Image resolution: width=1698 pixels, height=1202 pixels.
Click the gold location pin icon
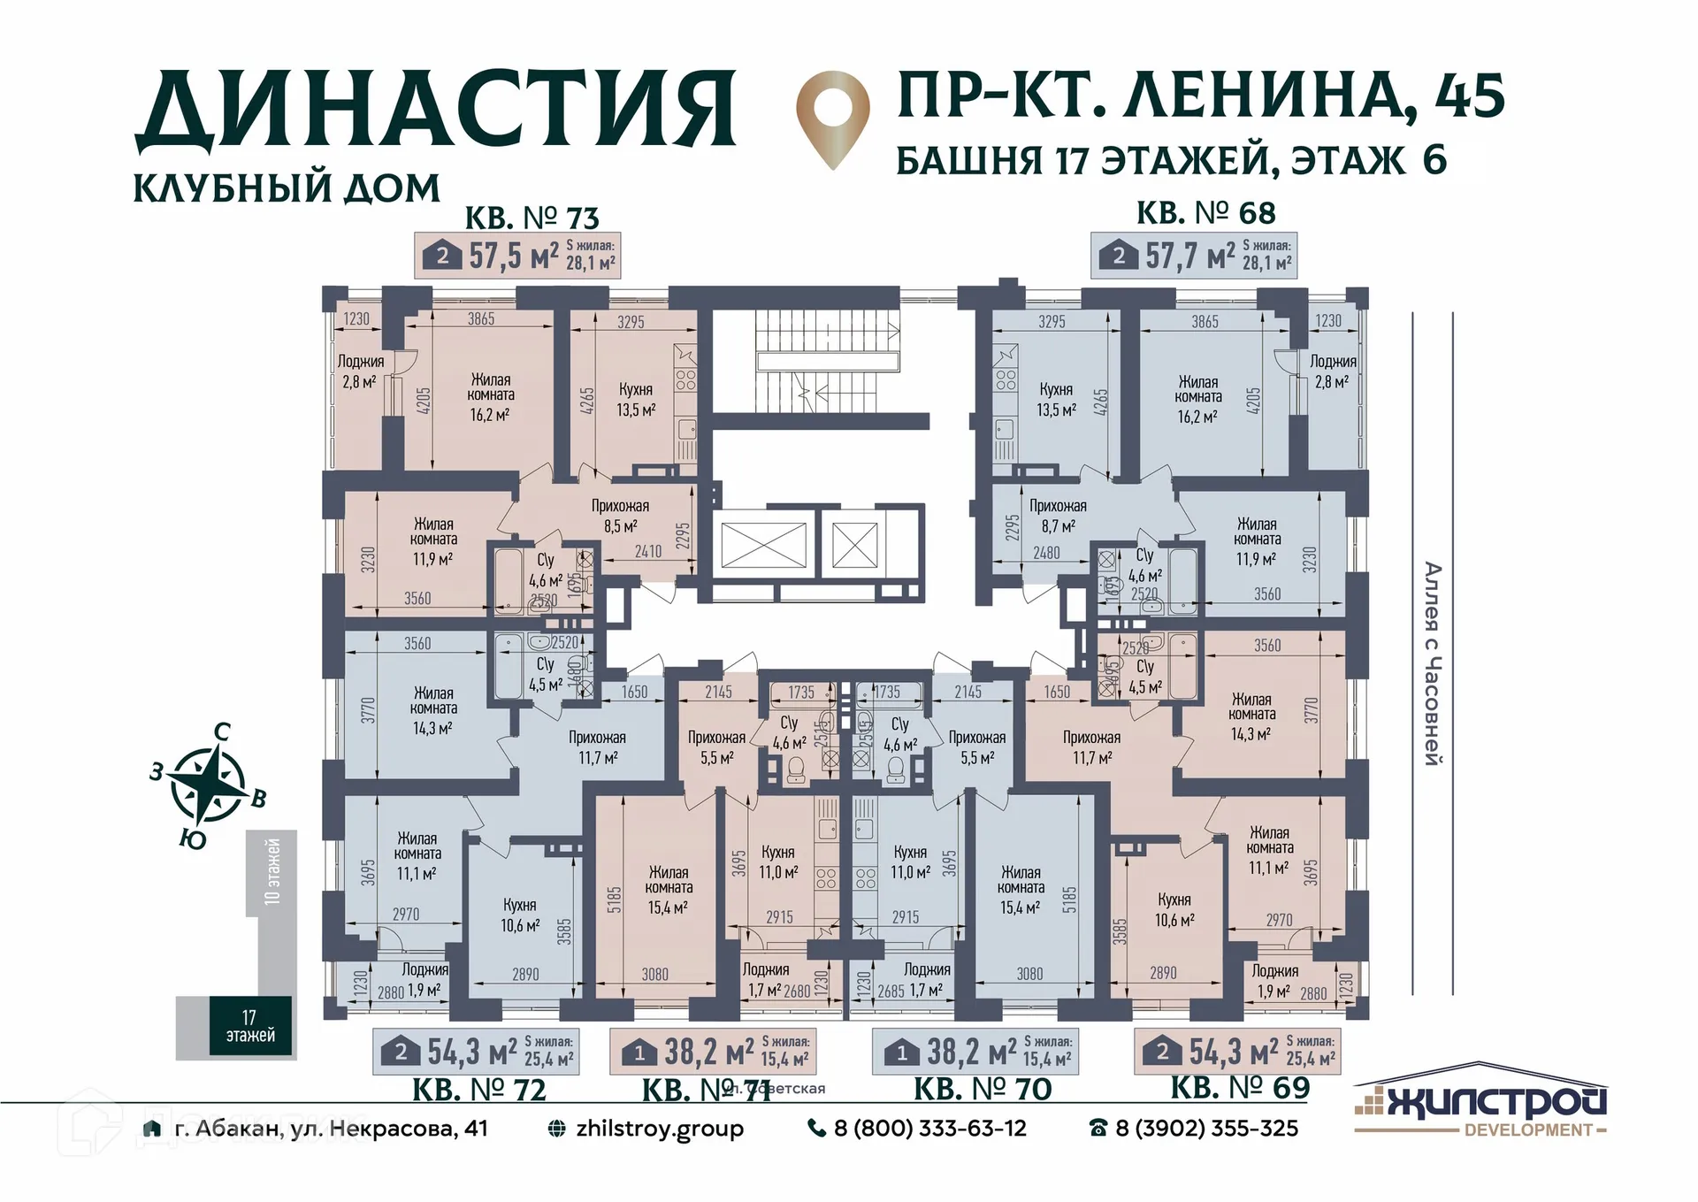(x=832, y=117)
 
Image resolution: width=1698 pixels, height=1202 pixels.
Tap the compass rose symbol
(x=208, y=784)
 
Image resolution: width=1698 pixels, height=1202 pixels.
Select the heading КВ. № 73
(x=532, y=217)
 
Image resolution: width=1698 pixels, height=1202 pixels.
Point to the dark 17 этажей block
(x=250, y=1026)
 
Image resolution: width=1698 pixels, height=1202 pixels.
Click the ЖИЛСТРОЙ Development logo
(x=1480, y=1102)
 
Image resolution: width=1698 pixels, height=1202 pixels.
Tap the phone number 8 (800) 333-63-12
(x=929, y=1128)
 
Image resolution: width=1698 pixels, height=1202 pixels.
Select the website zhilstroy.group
(x=658, y=1128)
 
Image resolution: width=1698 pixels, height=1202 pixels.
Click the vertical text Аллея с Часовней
(x=1432, y=663)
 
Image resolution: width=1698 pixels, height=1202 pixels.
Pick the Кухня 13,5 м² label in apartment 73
(x=636, y=399)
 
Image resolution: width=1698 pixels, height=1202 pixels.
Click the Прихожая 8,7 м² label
(x=1058, y=516)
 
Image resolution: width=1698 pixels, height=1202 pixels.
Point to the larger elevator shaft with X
(x=763, y=545)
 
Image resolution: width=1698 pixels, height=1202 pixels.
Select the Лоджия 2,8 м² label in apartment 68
(x=1332, y=371)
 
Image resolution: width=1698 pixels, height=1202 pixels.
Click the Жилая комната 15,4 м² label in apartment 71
(x=668, y=889)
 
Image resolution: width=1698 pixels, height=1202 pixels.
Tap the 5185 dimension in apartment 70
(x=1069, y=900)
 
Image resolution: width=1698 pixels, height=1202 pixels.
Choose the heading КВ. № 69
(x=1239, y=1087)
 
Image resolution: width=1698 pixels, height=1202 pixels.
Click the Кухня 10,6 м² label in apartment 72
(x=520, y=915)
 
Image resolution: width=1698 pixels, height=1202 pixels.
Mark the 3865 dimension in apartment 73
(x=481, y=318)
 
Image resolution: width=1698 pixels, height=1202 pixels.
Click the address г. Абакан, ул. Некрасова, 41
(x=330, y=1128)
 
